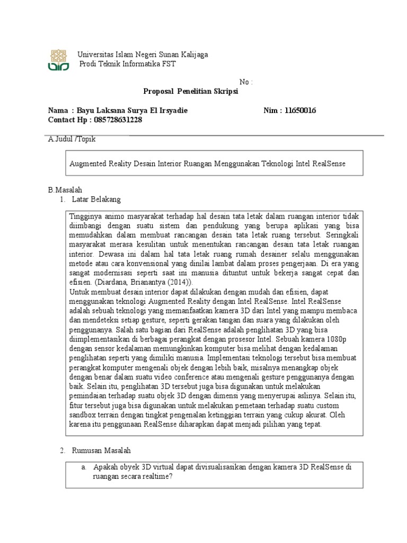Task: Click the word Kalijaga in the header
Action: [193, 55]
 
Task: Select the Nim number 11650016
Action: [300, 110]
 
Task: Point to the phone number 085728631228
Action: [117, 120]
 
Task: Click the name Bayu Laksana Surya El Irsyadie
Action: [132, 110]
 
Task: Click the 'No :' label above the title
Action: [246, 82]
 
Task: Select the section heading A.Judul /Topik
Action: [72, 139]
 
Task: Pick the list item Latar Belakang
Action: [96, 199]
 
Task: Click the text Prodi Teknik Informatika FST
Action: [127, 64]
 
